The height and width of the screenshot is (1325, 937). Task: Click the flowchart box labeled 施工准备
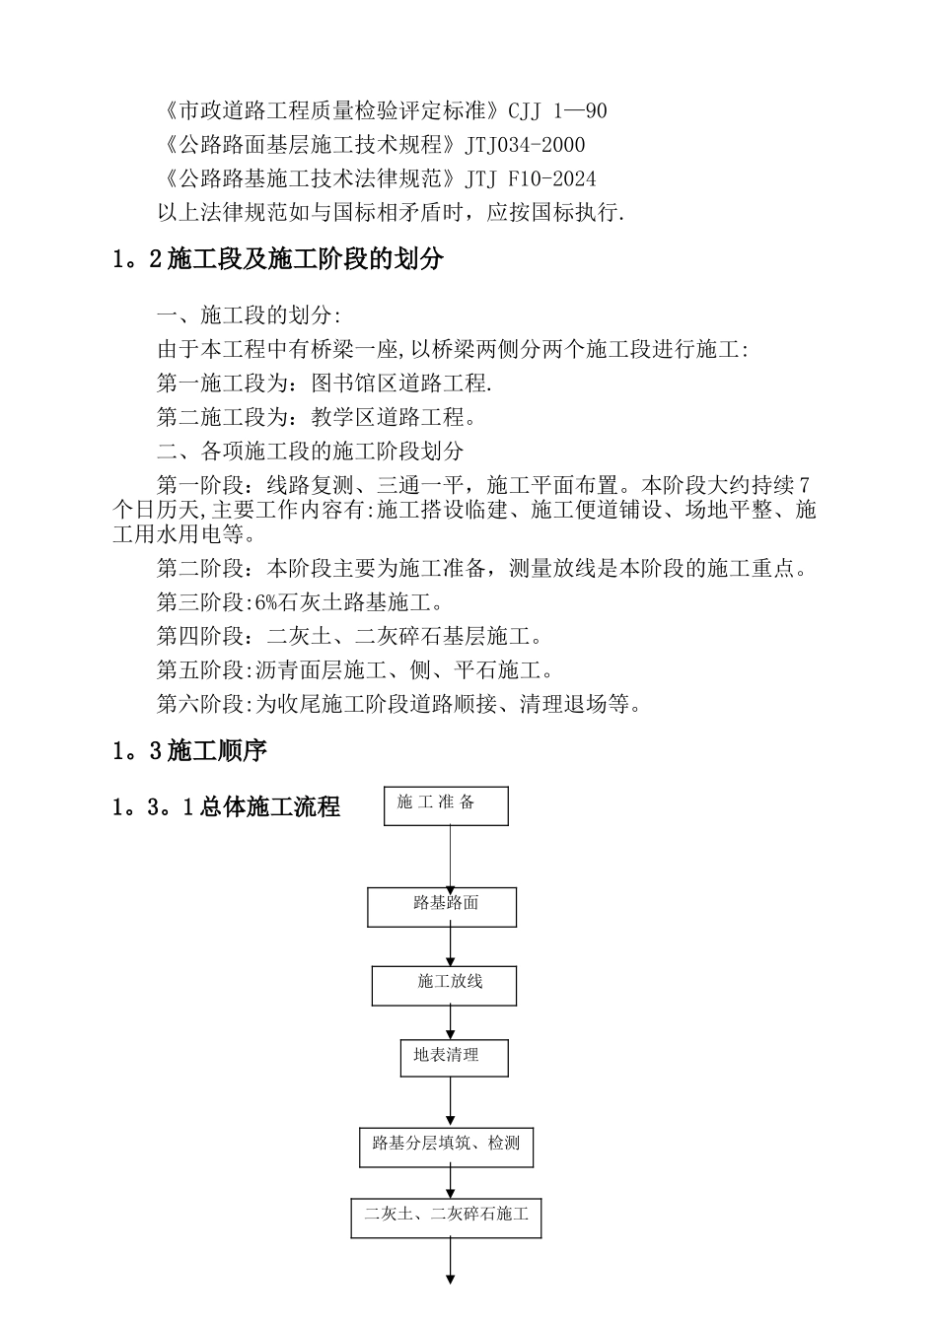point(446,804)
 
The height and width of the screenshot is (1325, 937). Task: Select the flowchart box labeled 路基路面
point(442,906)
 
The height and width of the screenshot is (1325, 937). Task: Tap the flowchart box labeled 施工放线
point(444,985)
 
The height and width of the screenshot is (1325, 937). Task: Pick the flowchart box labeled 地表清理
point(454,1058)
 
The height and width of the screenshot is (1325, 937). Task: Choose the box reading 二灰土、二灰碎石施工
point(446,1217)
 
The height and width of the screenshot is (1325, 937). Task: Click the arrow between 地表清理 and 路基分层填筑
point(451,1101)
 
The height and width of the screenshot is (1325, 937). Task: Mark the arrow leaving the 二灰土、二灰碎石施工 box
point(451,1261)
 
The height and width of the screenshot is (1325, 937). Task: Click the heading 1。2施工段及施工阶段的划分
point(278,260)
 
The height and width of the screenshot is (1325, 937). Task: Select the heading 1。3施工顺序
point(189,751)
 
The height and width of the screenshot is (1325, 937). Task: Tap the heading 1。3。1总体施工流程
point(226,807)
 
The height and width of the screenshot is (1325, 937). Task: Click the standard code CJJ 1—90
point(557,110)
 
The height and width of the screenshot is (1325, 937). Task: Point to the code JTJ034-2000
point(525,145)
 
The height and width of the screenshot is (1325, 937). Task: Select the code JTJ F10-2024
point(531,178)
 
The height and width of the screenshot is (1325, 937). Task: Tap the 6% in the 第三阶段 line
point(265,602)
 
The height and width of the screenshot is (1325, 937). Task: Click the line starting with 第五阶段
point(355,670)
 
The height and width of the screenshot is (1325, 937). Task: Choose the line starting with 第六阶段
point(399,704)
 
